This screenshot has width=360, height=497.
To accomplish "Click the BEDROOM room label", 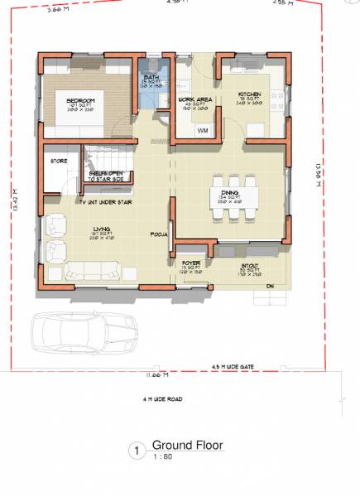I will (x=81, y=100).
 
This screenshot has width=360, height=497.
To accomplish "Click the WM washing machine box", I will (x=203, y=131).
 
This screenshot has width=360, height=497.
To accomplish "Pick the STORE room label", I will (x=59, y=161).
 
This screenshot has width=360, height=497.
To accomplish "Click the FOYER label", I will (x=191, y=264).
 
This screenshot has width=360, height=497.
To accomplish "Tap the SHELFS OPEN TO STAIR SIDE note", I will (x=103, y=176).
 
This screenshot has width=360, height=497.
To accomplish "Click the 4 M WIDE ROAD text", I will (x=162, y=399).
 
